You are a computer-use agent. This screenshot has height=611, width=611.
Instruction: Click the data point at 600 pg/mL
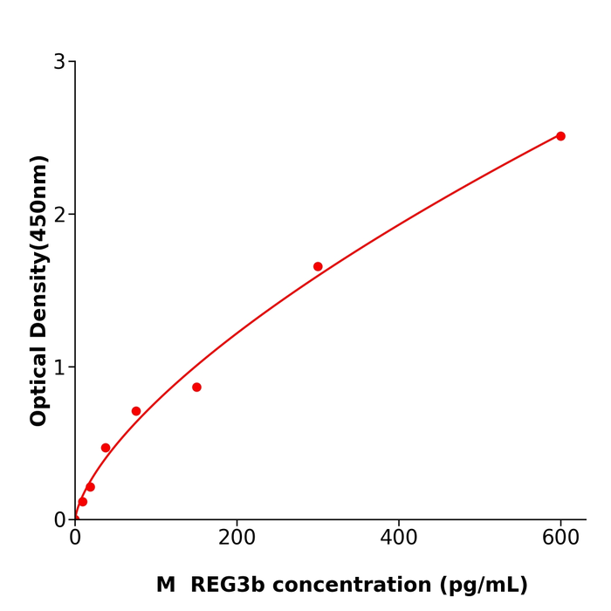click(x=560, y=136)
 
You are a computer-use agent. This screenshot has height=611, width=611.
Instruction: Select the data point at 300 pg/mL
click(x=318, y=266)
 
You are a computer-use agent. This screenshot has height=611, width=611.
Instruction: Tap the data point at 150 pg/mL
click(x=196, y=387)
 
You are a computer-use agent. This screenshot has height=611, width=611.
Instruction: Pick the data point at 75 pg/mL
click(x=136, y=411)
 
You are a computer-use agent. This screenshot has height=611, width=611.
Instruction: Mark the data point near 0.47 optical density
click(x=106, y=448)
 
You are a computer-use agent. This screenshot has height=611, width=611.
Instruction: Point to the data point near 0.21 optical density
click(x=90, y=487)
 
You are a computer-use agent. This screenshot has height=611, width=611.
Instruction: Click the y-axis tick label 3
click(x=59, y=62)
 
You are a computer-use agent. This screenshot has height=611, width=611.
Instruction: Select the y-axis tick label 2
click(x=59, y=215)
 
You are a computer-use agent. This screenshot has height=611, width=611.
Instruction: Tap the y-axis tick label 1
click(x=59, y=367)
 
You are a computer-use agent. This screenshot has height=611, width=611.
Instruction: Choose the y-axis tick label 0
click(x=59, y=520)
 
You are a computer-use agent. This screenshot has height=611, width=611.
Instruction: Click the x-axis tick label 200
click(x=237, y=539)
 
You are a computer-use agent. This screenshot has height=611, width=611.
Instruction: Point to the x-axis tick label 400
click(x=399, y=539)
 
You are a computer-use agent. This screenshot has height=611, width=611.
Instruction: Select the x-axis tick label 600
click(x=560, y=539)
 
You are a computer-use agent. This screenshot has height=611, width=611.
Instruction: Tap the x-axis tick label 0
click(x=75, y=539)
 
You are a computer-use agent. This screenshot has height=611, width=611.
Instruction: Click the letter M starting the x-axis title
click(x=166, y=585)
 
